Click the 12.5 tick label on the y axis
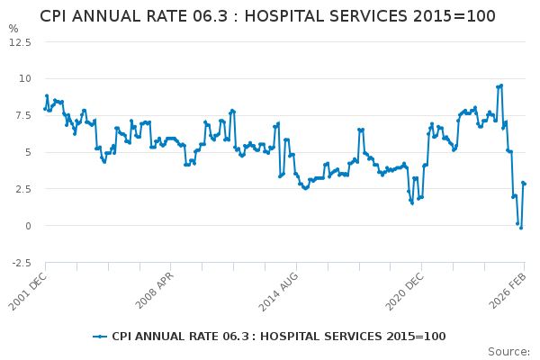pos(21,41)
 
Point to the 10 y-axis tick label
pos(25,78)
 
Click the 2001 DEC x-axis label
pos(27,292)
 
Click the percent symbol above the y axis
pos(13,29)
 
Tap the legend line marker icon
pos(100,337)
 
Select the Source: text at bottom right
pos(508,352)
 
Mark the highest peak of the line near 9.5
pos(500,85)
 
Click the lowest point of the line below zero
pos(520,228)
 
